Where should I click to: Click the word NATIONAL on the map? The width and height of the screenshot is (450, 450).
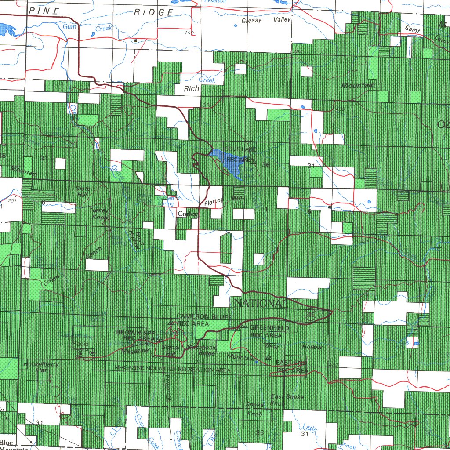point(260,304)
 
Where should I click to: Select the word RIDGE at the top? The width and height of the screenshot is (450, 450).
point(153,12)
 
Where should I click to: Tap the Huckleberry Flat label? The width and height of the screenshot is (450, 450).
point(41,367)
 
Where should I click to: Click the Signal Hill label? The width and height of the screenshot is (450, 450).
point(169,350)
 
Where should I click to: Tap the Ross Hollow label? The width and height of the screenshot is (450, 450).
point(134,240)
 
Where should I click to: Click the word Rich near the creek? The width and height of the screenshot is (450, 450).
point(192,88)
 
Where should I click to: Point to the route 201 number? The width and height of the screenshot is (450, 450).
point(11,200)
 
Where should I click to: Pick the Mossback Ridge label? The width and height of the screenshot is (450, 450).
point(200,349)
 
